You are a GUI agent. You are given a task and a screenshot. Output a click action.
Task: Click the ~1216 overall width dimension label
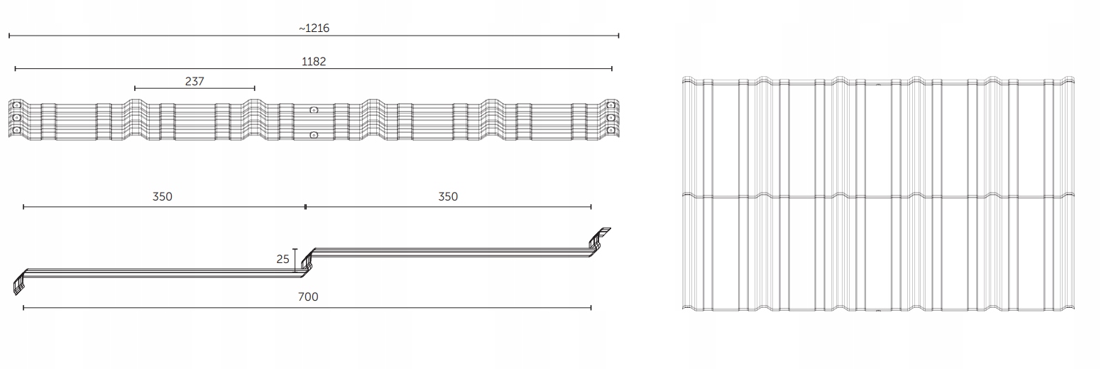pyautogui.click(x=314, y=28)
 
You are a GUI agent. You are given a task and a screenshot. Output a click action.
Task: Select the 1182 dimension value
pyautogui.click(x=314, y=62)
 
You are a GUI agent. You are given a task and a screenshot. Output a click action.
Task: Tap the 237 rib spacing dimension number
pyautogui.click(x=195, y=82)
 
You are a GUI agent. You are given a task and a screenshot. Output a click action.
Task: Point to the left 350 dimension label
pyautogui.click(x=163, y=197)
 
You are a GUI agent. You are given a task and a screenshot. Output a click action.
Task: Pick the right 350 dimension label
pyautogui.click(x=448, y=197)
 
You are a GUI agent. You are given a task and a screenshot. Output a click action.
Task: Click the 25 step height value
pyautogui.click(x=283, y=260)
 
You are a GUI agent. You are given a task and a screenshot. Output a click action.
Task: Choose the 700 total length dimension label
pyautogui.click(x=307, y=297)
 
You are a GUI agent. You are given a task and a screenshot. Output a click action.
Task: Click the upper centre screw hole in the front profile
pyautogui.click(x=314, y=110)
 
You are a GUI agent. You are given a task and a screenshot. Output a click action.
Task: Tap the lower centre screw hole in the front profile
pyautogui.click(x=314, y=134)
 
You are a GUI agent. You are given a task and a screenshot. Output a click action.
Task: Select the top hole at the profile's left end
pyautogui.click(x=16, y=106)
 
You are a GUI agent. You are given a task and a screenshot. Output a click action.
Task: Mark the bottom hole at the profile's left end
pyautogui.click(x=16, y=130)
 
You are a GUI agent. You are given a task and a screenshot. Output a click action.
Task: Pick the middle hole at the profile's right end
pyautogui.click(x=610, y=117)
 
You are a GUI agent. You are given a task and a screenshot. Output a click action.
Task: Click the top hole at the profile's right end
pyautogui.click(x=610, y=106)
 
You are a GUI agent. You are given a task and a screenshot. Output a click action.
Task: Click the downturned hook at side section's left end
pyautogui.click(x=18, y=284)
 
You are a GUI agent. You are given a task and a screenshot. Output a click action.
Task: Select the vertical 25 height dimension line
pyautogui.click(x=295, y=260)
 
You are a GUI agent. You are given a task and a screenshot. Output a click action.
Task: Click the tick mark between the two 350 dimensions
pyautogui.click(x=305, y=207)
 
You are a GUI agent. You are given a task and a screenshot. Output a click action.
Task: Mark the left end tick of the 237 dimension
pyautogui.click(x=135, y=88)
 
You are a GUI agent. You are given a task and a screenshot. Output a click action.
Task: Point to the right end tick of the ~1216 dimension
pyautogui.click(x=618, y=36)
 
